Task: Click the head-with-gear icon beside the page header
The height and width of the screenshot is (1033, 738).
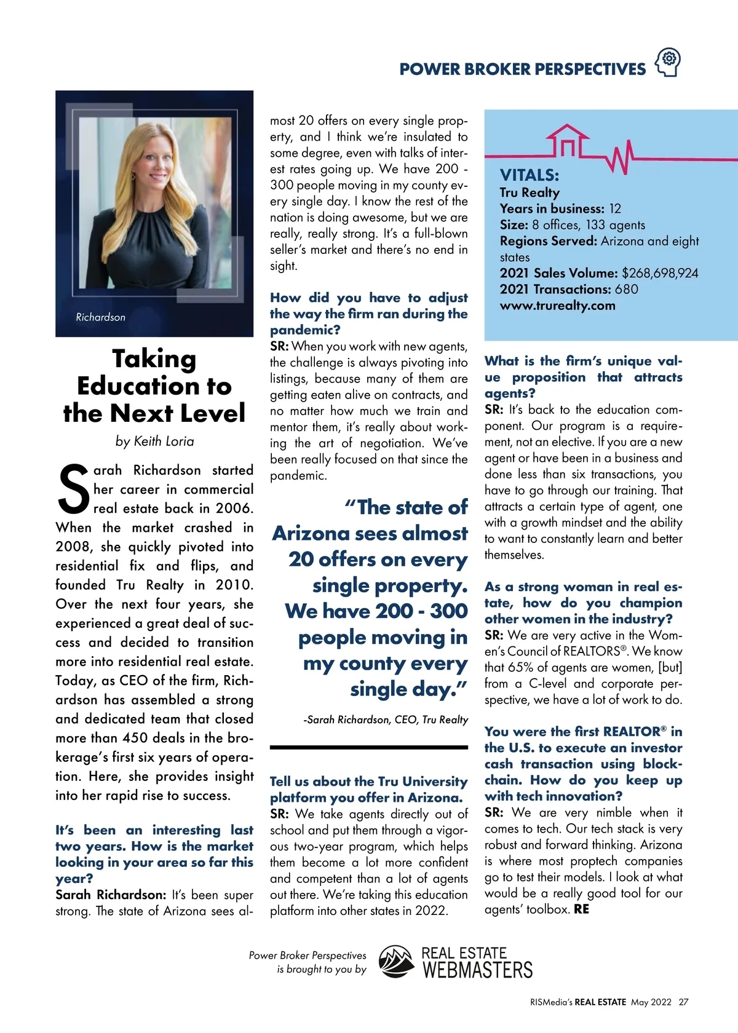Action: [669, 62]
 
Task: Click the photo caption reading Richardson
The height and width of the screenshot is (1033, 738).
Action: [100, 317]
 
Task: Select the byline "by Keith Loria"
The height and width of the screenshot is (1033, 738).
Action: [154, 441]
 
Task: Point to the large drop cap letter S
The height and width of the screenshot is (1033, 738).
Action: [73, 490]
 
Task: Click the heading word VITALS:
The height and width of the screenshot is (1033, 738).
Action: [529, 175]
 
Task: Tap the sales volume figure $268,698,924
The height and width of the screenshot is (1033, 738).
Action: [660, 273]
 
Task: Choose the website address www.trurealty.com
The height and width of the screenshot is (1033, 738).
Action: [557, 306]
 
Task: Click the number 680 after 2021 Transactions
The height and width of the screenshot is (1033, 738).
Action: [626, 289]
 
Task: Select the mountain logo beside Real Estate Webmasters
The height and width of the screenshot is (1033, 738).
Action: [396, 962]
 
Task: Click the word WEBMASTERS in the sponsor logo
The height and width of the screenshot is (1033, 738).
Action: [477, 970]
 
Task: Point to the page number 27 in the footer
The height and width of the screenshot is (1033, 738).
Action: [683, 1002]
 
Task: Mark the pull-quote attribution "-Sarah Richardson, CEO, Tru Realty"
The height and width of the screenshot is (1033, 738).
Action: [386, 719]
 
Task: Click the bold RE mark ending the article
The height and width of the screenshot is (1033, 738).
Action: [581, 909]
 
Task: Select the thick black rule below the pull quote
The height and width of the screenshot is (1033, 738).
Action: [369, 748]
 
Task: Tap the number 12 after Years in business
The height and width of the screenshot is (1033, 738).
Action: [615, 208]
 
